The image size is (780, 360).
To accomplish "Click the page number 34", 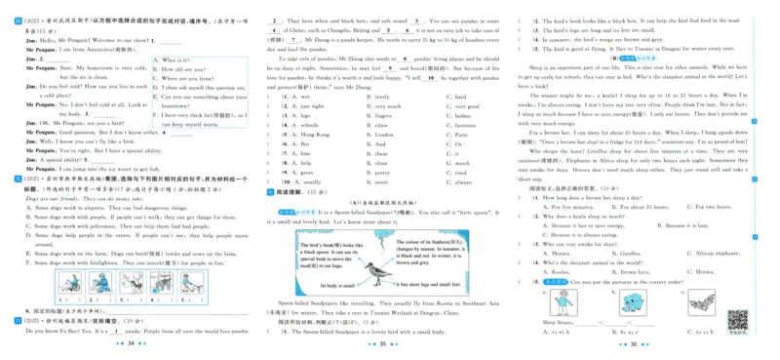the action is [x=131, y=343].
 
